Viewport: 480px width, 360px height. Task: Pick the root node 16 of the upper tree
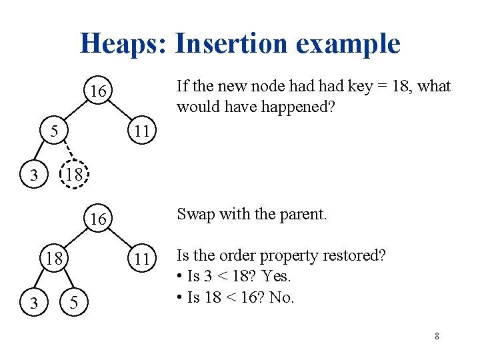tap(98, 91)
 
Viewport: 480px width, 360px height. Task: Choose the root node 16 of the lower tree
tap(98, 219)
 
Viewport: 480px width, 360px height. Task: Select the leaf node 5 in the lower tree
tap(75, 303)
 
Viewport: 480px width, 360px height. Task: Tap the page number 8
tap(437, 337)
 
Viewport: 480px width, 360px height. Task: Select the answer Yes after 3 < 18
tap(277, 276)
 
